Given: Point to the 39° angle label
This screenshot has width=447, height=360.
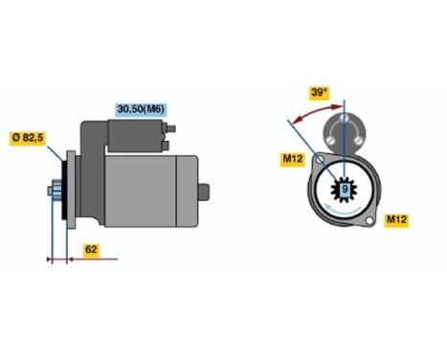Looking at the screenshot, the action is pyautogui.click(x=319, y=95).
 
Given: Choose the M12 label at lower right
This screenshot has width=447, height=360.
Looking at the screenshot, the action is pyautogui.click(x=396, y=220).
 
